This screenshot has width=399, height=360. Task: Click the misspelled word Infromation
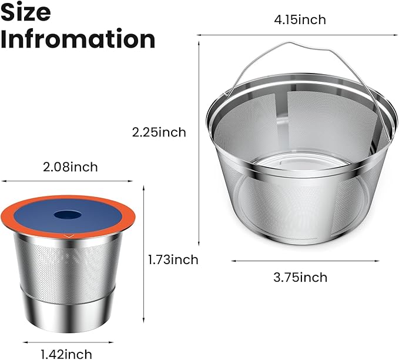78,39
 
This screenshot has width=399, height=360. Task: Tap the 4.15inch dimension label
300,20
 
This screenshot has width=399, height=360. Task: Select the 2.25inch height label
159,132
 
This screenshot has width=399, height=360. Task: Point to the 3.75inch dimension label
300,277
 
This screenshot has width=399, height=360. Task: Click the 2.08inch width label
71,167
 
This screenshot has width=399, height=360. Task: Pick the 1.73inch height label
173,260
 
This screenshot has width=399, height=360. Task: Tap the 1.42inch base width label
66,354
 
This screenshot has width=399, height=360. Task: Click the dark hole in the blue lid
68,215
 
